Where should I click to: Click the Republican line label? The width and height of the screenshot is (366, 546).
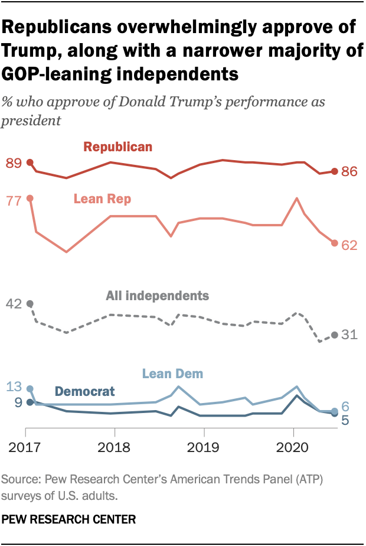[x=117, y=147]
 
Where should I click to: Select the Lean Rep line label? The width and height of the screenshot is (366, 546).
[x=102, y=199]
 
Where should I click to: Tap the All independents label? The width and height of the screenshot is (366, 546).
[x=158, y=295]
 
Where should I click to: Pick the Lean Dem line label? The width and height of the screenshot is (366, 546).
[x=172, y=373]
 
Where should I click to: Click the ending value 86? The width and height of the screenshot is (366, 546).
[x=350, y=172]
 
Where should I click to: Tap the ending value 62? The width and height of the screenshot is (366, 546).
[x=350, y=245]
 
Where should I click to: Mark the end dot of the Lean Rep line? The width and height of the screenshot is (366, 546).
[x=334, y=243]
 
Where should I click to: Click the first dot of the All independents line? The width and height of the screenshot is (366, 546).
[x=30, y=304]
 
